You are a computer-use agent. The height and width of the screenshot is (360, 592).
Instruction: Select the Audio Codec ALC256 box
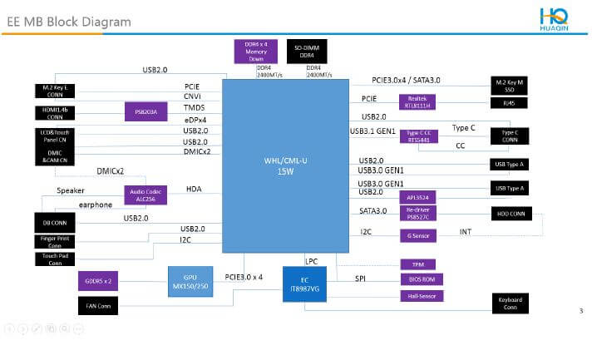[146, 194]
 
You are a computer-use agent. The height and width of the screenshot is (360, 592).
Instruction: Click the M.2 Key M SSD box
[510, 84]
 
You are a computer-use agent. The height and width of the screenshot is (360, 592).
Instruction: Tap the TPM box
[418, 264]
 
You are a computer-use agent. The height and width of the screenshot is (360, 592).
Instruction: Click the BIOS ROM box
[418, 279]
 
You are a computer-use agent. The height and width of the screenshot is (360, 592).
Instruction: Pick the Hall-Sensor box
[418, 296]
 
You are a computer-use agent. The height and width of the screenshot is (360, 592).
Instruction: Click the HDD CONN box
[510, 214]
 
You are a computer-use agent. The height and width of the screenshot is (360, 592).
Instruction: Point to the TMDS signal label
[195, 108]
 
